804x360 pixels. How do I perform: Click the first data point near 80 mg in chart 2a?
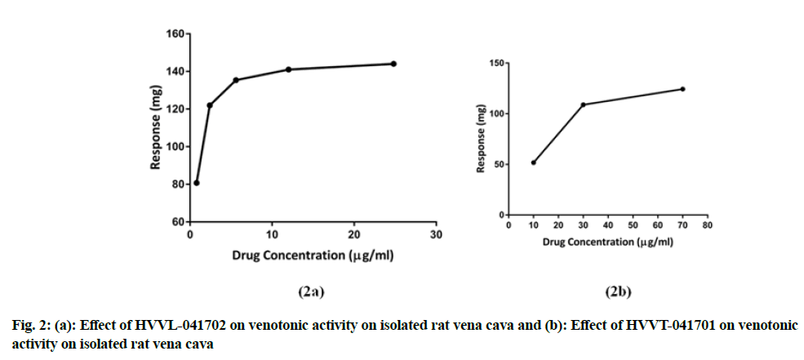197,183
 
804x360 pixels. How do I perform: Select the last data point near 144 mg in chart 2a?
393,64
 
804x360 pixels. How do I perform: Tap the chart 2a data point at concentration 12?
289,69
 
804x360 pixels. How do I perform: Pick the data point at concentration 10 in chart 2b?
534,162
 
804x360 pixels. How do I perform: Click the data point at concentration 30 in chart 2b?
583,104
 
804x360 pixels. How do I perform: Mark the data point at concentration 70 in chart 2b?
682,89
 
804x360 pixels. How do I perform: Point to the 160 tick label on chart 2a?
175,34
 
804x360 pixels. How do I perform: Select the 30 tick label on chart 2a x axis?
436,235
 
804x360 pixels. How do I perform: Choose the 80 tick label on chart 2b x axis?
708,224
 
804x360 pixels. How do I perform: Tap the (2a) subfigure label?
313,291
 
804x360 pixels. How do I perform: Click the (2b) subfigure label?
617,291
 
